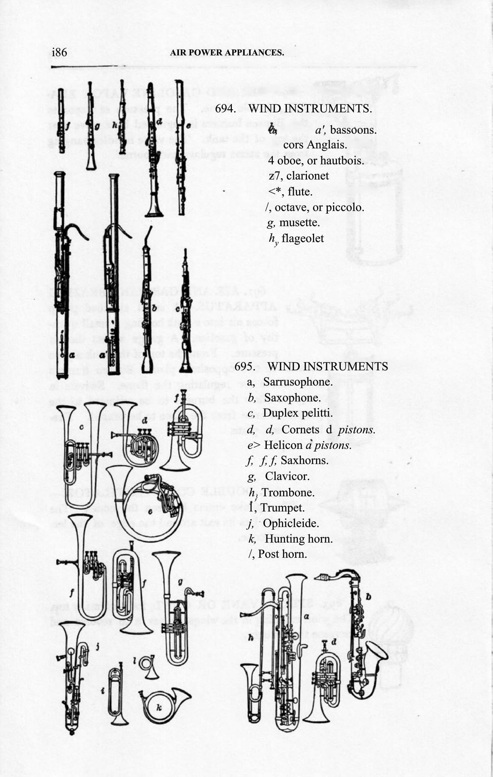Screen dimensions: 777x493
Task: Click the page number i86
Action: click(x=60, y=52)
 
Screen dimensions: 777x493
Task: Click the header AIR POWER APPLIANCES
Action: click(x=227, y=53)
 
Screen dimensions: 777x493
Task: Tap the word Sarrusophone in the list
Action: click(x=297, y=382)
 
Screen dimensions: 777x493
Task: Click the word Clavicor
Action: click(x=287, y=476)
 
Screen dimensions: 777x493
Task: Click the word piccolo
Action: click(x=347, y=208)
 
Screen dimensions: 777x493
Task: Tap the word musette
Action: click(x=299, y=222)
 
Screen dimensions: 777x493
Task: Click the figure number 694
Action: click(x=226, y=109)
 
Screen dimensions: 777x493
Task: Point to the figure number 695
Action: click(x=245, y=366)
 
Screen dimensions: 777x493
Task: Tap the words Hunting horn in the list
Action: click(x=299, y=539)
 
